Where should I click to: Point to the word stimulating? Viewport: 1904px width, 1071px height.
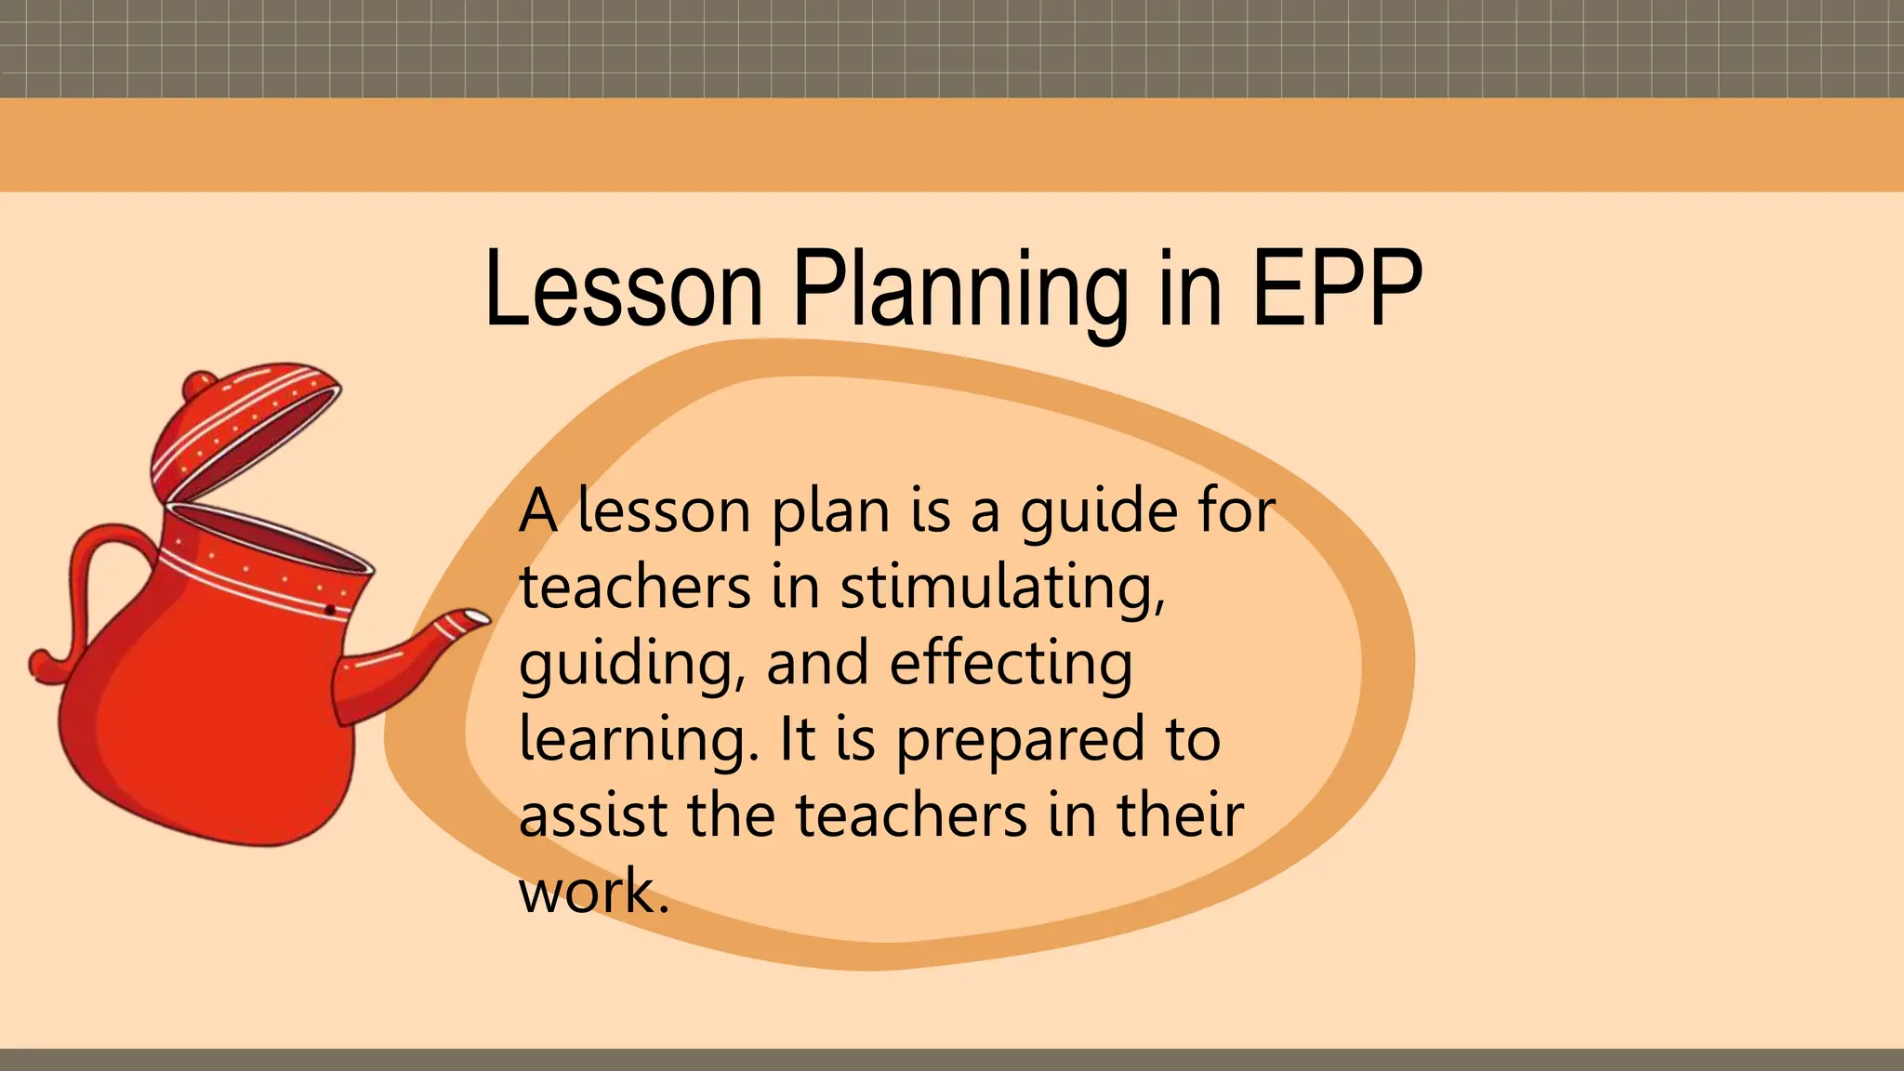(x=1002, y=589)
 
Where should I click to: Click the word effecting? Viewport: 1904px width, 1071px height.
(x=1011, y=664)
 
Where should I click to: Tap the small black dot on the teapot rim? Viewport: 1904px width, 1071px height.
(x=329, y=610)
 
